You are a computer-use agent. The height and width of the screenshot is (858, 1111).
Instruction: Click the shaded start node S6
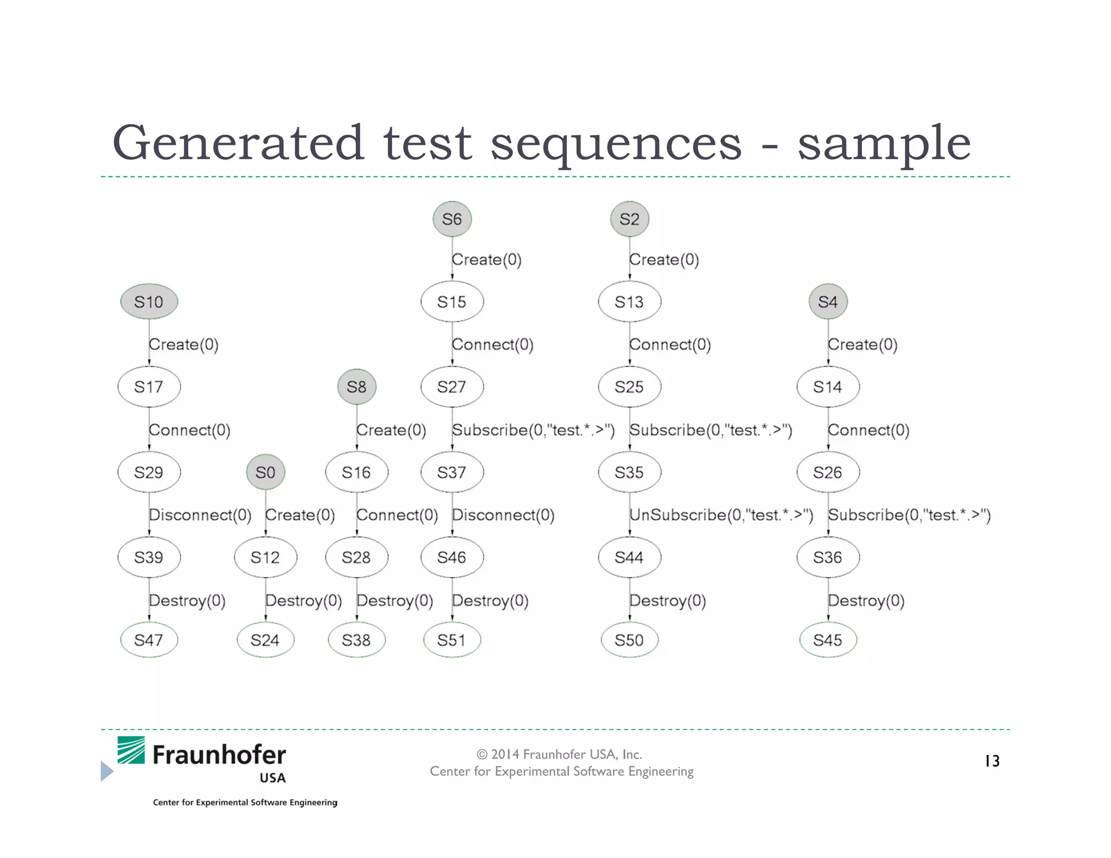[452, 219]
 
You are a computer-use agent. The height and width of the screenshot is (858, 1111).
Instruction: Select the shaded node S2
[629, 219]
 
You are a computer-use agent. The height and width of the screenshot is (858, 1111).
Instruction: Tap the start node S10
[149, 302]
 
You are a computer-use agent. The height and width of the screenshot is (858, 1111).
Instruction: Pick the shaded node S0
[265, 472]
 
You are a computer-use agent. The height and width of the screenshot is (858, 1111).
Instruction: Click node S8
[356, 387]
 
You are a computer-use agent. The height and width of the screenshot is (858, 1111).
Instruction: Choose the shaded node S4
[828, 302]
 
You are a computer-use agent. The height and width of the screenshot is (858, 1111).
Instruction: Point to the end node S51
[452, 640]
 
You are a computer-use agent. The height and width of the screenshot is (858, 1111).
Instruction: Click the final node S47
[149, 640]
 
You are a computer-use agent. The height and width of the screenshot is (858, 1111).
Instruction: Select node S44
[629, 557]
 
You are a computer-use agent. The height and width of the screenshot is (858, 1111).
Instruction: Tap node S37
[452, 472]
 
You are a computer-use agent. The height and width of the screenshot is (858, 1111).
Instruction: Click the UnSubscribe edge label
[721, 515]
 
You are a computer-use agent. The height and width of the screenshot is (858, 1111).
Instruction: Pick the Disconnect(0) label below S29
[200, 515]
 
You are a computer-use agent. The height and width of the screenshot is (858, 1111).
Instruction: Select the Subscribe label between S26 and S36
[909, 515]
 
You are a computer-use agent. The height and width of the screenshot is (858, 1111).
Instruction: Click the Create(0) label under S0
[300, 515]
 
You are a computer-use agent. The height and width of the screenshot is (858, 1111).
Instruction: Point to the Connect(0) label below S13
[670, 344]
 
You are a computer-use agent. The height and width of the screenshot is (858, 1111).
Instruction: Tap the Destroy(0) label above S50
[667, 600]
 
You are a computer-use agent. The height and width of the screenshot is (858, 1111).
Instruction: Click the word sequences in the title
[616, 143]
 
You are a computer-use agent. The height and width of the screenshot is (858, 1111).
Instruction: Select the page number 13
[992, 761]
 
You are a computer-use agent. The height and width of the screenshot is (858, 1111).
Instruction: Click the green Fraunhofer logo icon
[131, 750]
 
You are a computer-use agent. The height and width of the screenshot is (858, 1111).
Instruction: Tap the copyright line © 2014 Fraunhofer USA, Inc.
[559, 754]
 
